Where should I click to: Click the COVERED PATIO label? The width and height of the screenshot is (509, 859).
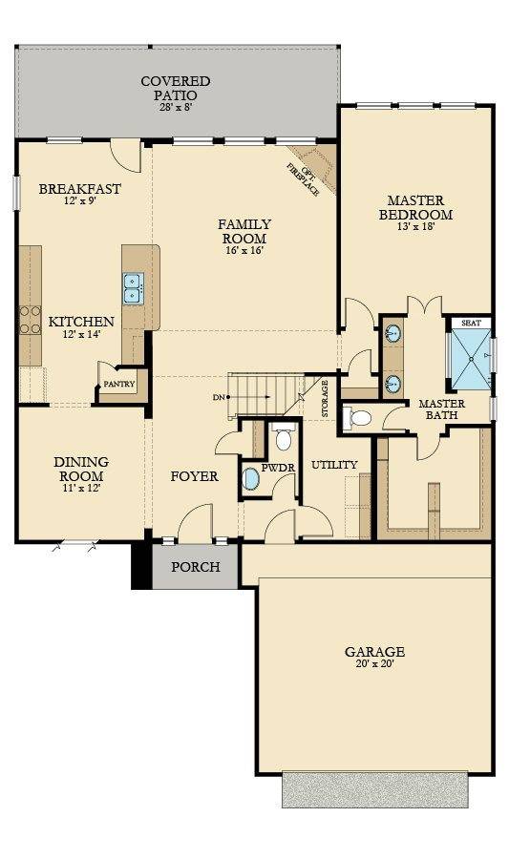tap(176, 88)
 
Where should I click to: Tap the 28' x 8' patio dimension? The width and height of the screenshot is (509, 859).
tap(176, 107)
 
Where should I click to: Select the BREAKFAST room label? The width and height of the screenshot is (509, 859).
tap(79, 189)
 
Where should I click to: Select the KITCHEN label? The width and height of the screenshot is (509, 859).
tap(82, 323)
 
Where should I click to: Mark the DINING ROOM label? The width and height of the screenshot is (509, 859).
tap(79, 468)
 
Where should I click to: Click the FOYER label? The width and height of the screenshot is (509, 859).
tap(194, 476)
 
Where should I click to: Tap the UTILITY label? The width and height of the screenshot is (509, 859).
tap(334, 465)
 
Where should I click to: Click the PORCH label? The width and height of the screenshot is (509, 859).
tap(196, 567)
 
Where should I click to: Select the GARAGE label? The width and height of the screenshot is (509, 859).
tap(374, 652)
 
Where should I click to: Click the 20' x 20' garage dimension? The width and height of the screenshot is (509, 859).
tap(374, 665)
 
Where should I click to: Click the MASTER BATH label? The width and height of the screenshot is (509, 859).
tap(441, 409)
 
